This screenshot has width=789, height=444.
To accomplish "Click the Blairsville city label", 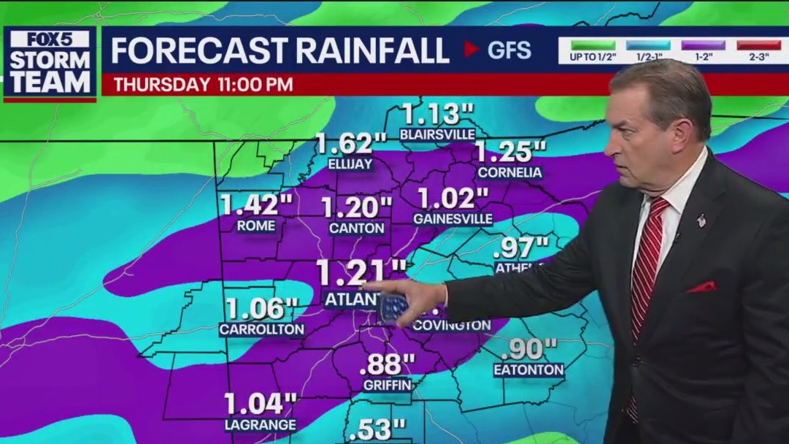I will coord(437,134).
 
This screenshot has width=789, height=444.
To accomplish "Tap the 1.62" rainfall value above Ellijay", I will coord(350,143).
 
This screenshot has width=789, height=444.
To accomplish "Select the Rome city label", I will coord(256,226).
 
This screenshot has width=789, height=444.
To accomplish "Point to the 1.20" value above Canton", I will coord(357,207).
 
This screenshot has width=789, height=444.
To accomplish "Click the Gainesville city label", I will coord(453,218).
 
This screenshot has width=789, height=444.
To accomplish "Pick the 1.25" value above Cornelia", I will coord(510,151).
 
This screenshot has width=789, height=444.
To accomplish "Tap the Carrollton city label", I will coord(261,329).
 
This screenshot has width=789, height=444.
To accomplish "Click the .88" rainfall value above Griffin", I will coord(388,362).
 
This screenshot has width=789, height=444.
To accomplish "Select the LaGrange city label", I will coord(260,424).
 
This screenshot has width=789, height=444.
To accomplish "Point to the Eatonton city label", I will coord(528,370).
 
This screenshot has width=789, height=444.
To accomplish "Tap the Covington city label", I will coord(452,325).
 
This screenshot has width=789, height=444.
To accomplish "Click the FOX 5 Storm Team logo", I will coord(50,64).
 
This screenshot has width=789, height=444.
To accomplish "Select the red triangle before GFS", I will coord(472,49).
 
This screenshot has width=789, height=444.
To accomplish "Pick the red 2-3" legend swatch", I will coord(758,45).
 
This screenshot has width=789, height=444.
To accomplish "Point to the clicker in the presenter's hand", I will coord(395,307).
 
